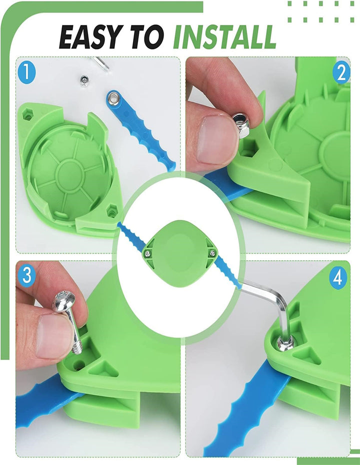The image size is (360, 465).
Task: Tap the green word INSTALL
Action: (224, 37)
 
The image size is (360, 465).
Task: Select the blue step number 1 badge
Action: (26, 72)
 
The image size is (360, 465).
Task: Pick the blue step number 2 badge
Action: (341, 73)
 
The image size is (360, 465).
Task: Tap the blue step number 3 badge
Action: (26, 275)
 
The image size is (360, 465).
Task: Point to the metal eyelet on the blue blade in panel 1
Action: (113, 98)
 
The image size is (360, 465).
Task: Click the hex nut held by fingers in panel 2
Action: (241, 125)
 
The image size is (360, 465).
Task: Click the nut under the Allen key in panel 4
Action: (285, 343)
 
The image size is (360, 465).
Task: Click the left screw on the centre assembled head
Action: (147, 253)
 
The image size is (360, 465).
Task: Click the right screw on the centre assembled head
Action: (212, 252)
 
